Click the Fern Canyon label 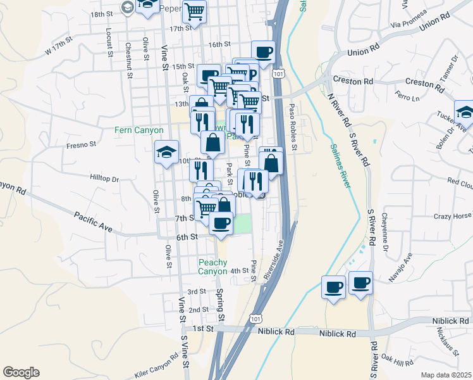139,130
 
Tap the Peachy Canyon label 212,267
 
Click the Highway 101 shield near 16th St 279,74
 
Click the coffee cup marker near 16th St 263,52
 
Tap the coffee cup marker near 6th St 220,224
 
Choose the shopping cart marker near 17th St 195,11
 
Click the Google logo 21,372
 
